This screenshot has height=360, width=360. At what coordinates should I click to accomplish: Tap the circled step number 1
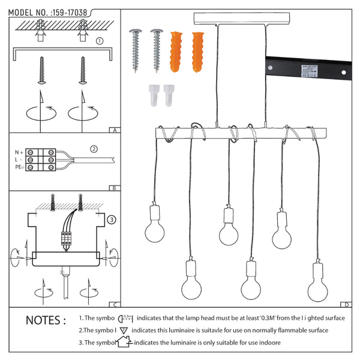[x=100, y=41]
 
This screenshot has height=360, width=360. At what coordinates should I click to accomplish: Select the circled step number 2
[x=94, y=149]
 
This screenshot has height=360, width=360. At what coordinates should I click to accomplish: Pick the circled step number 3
[x=112, y=220]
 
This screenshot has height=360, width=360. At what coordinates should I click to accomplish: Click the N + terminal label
[x=20, y=152]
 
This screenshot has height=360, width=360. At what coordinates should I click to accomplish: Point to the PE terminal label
[x=19, y=168]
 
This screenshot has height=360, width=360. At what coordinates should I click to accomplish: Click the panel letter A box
[x=115, y=130]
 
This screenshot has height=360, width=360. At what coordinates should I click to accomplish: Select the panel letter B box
[x=115, y=188]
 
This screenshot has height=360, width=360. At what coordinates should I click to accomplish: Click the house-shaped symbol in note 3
[x=123, y=343]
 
